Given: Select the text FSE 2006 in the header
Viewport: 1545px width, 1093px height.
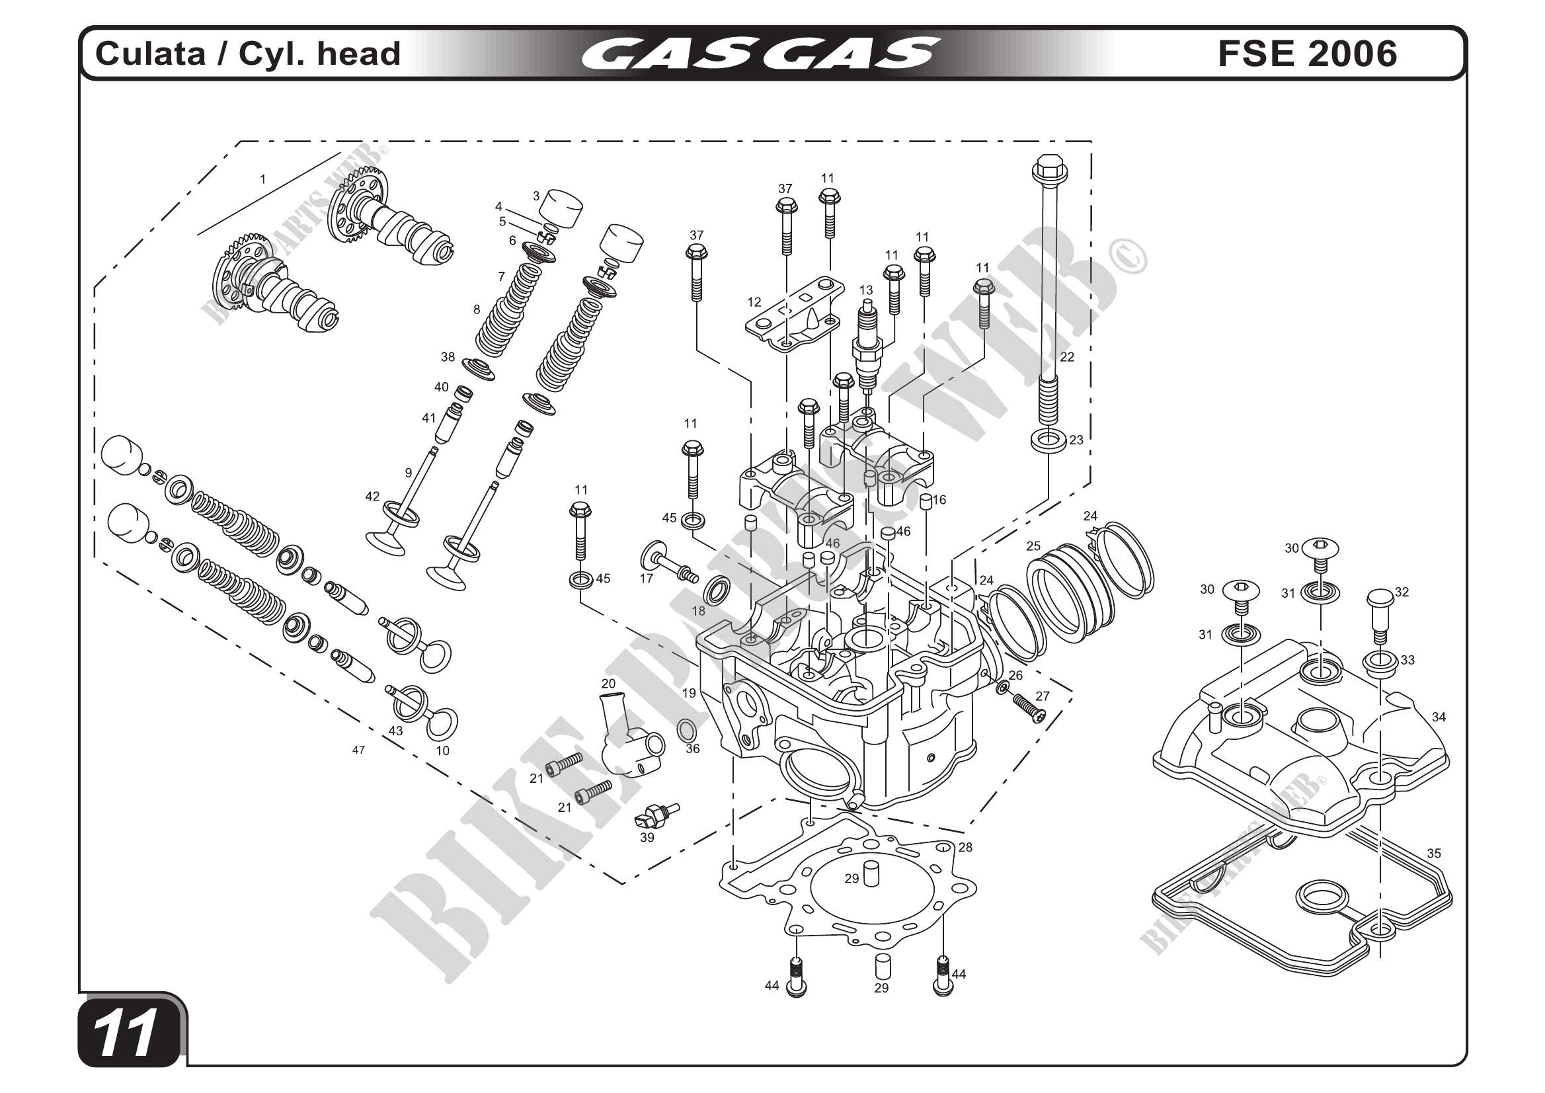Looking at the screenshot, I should coord(1307,54).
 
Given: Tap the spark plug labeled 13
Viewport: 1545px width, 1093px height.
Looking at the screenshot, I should coord(867,350).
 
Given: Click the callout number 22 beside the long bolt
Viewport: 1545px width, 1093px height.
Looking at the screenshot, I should coord(1067,357).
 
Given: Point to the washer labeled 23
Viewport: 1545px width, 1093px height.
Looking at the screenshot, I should coord(1048,442).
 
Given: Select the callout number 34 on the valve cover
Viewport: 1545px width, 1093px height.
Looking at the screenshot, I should coord(1439,717).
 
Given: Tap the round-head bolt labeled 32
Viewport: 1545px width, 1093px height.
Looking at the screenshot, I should coord(1380,616).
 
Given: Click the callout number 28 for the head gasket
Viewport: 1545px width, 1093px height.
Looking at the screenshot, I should coord(966,847).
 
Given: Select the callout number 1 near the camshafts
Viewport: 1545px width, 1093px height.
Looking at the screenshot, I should coord(263,180).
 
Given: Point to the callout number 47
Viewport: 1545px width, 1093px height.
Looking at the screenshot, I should coord(359,750).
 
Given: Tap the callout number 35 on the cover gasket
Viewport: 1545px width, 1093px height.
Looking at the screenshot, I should coord(1434,854).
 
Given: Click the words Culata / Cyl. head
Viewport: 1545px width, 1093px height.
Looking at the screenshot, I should coord(248,54).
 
